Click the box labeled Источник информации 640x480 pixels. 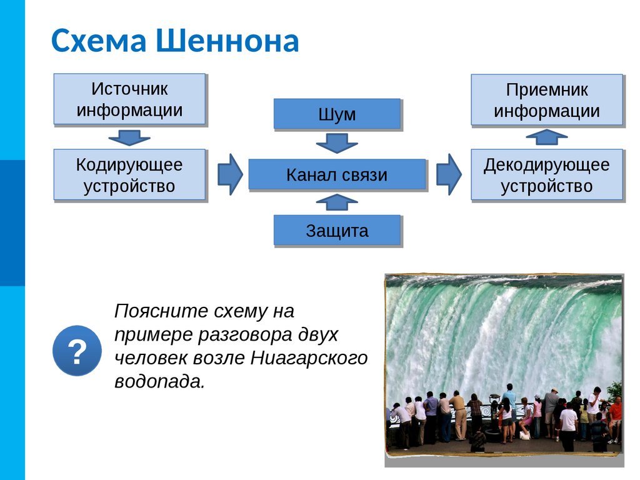[x=129, y=99]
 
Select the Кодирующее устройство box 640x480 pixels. [x=129, y=174]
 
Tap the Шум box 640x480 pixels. [x=337, y=114]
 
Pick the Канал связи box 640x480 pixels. [x=337, y=174]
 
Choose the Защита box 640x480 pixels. [x=337, y=230]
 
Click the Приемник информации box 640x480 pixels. [x=547, y=100]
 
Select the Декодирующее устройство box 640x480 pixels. [x=547, y=174]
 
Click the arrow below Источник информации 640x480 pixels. [x=129, y=137]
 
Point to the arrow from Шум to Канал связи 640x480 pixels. [x=337, y=143]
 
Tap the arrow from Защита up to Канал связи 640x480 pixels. [x=337, y=202]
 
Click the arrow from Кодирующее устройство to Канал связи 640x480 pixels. [x=230, y=174]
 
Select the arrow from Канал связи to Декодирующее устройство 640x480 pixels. [x=448, y=174]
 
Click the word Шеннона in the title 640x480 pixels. [x=227, y=41]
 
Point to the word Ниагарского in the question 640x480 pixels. [x=308, y=357]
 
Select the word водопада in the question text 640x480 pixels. [x=159, y=381]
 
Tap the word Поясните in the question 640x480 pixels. [x=160, y=311]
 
